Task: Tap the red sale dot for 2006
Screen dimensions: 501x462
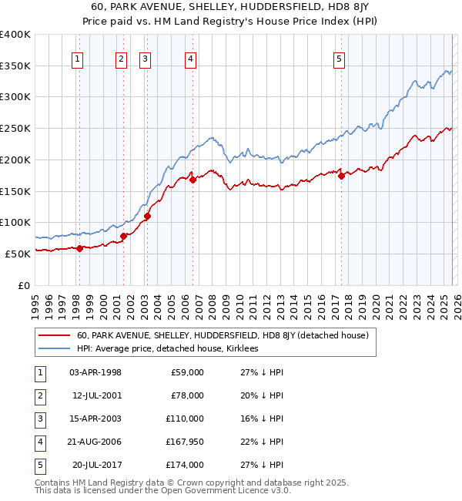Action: click(192, 180)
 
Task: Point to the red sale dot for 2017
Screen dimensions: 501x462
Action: click(341, 176)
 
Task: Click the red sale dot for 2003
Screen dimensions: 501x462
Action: click(147, 216)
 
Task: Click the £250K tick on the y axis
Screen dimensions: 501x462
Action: click(15, 128)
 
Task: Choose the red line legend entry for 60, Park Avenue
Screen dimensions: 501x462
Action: click(223, 335)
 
